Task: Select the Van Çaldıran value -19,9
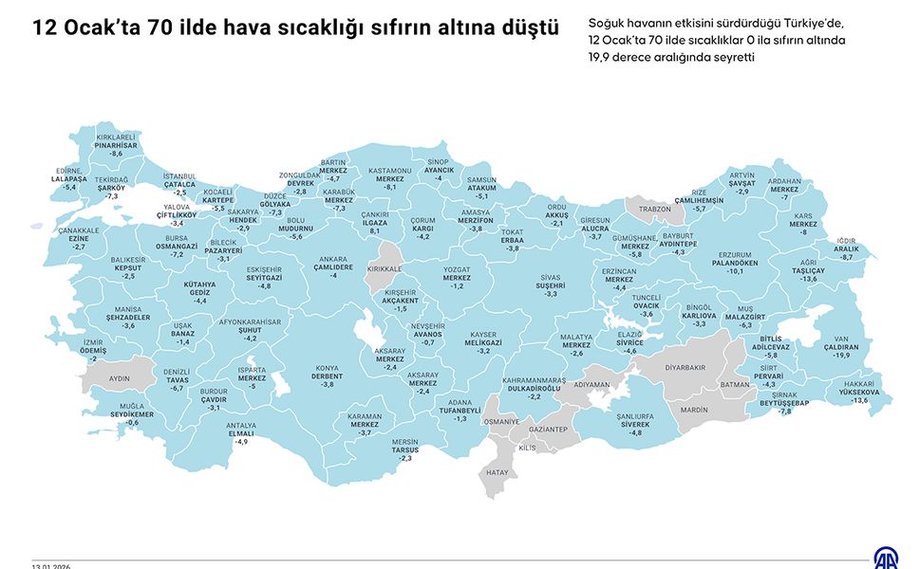click(x=841, y=356)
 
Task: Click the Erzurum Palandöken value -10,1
click(x=735, y=271)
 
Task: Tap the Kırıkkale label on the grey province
click(x=385, y=268)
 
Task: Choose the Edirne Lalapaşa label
click(x=69, y=178)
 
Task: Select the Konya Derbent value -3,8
click(x=328, y=384)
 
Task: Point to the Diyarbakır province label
click(x=685, y=366)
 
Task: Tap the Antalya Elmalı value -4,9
click(x=241, y=442)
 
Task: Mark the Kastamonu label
click(x=390, y=171)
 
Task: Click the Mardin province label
click(x=694, y=411)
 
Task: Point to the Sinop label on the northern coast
click(x=438, y=162)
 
